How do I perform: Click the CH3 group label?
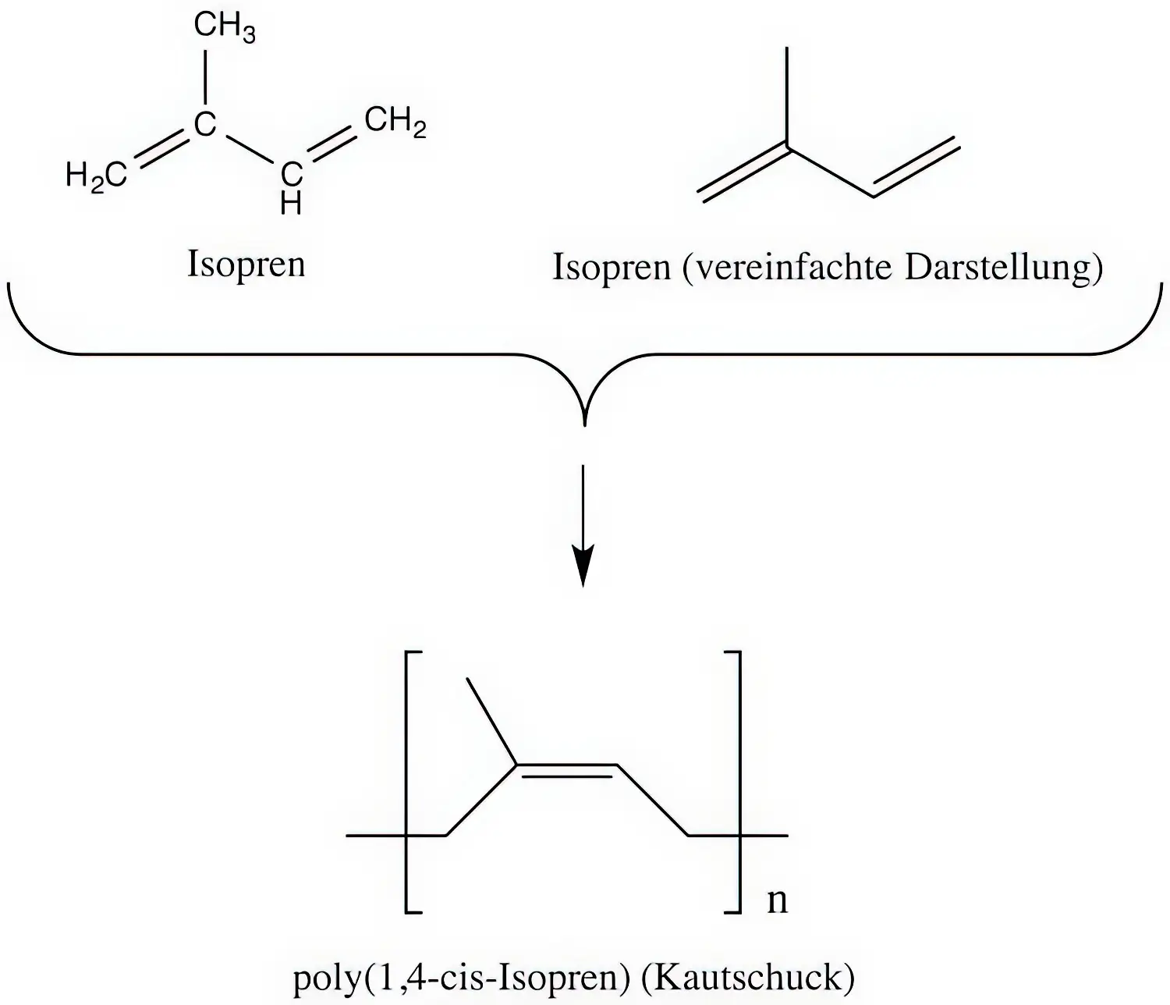click(224, 28)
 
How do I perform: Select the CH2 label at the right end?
click(395, 123)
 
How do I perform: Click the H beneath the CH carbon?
click(291, 204)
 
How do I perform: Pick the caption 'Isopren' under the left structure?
click(246, 265)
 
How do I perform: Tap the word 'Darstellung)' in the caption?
click(1005, 268)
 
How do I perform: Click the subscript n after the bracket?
click(777, 900)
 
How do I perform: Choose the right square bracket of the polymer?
click(735, 780)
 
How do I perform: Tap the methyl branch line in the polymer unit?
click(491, 722)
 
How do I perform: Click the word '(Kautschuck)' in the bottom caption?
click(747, 978)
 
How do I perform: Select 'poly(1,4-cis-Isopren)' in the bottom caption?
click(461, 978)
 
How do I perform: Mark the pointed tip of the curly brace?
click(584, 421)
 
